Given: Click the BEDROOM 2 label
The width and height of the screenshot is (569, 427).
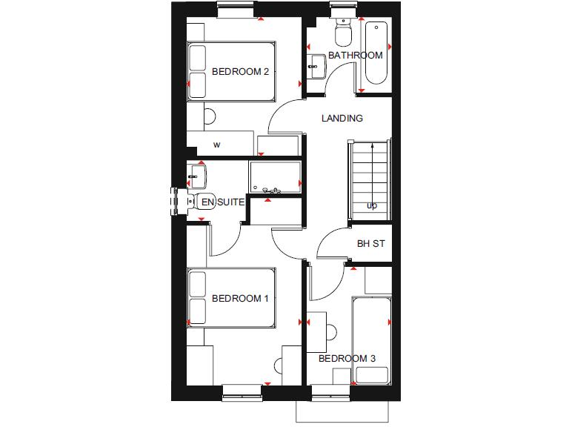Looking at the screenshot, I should point(240,72).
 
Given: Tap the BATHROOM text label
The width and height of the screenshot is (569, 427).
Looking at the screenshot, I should point(356,56).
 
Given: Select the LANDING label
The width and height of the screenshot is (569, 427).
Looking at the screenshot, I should point(342,118).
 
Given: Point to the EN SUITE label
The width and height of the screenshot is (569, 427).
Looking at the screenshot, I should point(223,202).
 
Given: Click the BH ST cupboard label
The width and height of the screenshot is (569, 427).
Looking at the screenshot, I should point(370,243).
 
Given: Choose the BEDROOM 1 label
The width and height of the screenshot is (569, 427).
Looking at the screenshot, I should point(240,299).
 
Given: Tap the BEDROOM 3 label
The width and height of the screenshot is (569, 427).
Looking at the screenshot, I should point(347,359).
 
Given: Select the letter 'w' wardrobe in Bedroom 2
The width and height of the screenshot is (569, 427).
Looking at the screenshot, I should point(217,145).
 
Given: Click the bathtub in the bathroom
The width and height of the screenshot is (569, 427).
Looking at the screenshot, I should point(376,56).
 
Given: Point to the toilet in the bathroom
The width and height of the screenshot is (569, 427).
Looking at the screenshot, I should point(343,33).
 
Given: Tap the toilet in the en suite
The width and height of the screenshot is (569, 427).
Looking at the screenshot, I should point(204,202).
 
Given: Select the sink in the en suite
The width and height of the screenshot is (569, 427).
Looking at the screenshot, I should point(197,176).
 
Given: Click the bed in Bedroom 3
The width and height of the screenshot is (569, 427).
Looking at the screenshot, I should point(371,341).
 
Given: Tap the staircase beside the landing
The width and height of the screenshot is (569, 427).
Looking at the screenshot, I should point(368,179).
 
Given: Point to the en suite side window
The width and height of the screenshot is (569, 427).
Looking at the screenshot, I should point(176,201).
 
